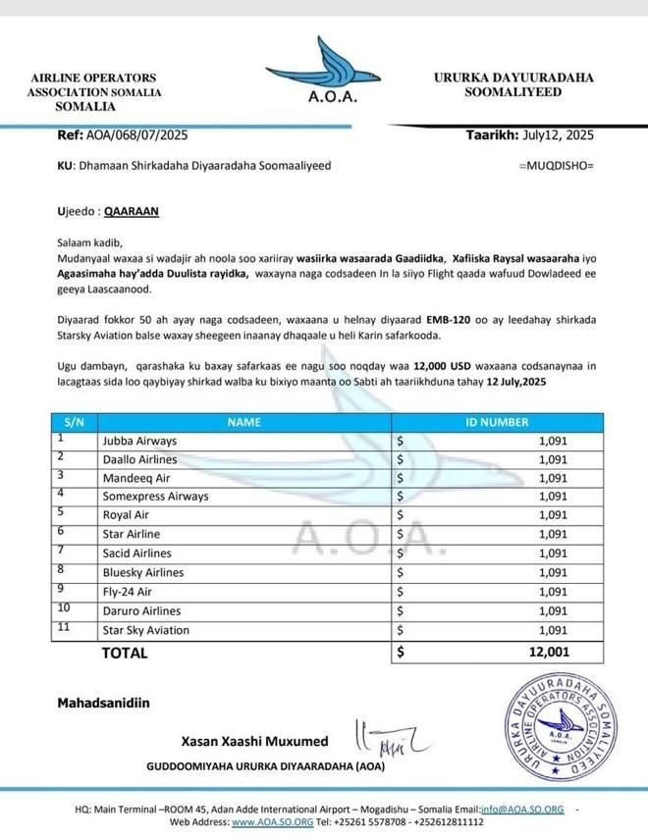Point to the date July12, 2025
click(x=558, y=135)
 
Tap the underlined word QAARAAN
click(x=132, y=210)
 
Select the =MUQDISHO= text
click(x=556, y=166)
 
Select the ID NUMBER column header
click(x=497, y=422)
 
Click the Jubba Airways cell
click(x=139, y=441)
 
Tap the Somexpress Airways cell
click(x=155, y=497)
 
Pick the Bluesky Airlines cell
click(x=143, y=572)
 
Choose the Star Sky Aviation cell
click(x=146, y=629)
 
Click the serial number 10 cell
click(x=66, y=609)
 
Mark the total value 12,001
click(x=547, y=652)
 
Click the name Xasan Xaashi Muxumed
click(x=254, y=741)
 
